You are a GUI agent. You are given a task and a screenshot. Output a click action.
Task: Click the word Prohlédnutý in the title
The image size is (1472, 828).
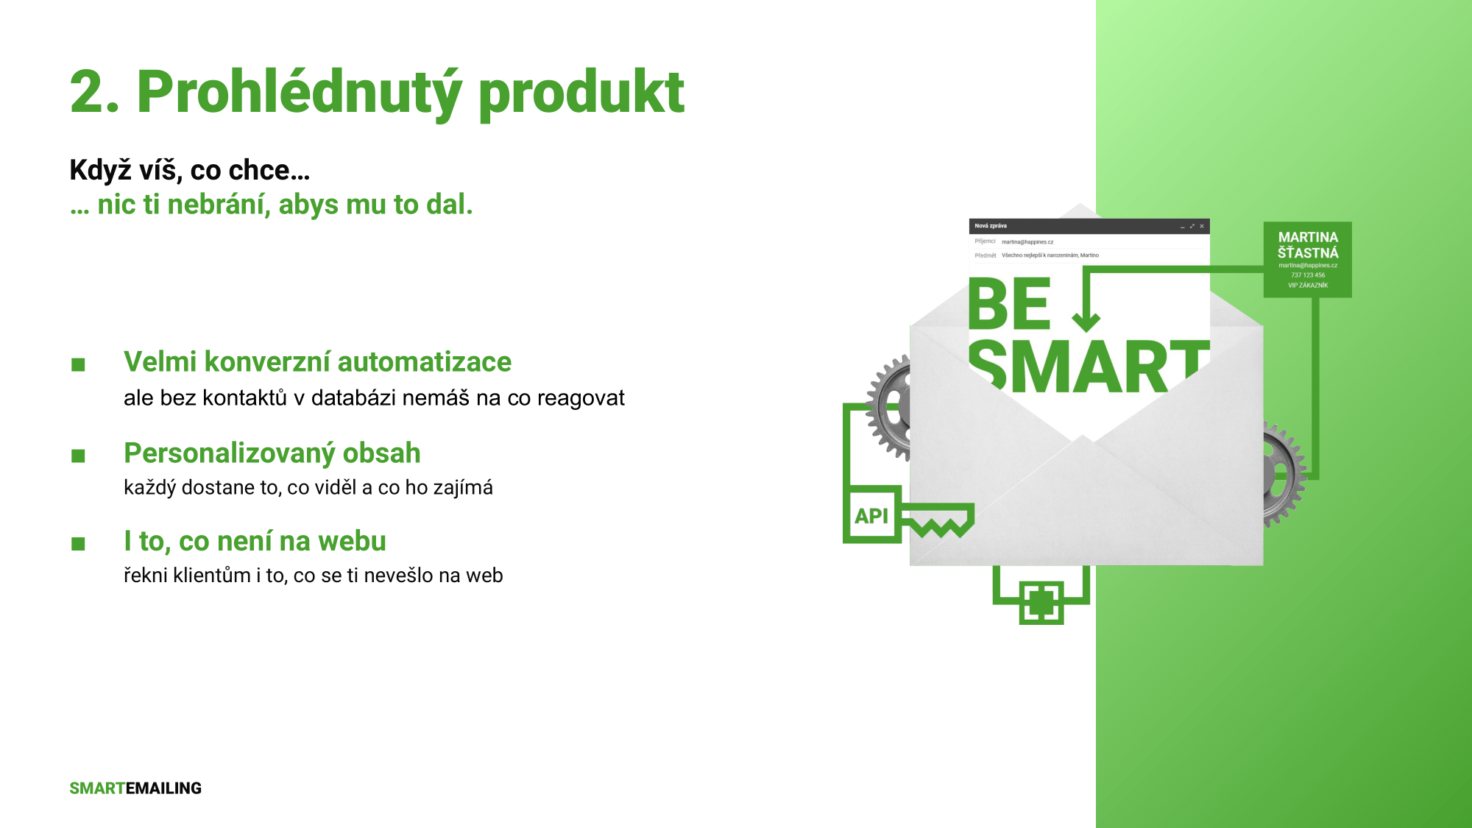pyautogui.click(x=300, y=93)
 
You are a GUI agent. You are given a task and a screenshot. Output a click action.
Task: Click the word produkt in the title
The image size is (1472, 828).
pyautogui.click(x=581, y=93)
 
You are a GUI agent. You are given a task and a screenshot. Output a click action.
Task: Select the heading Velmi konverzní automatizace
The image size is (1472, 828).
pyautogui.click(x=317, y=362)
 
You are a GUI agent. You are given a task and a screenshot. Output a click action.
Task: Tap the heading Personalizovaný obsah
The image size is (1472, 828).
pyautogui.click(x=272, y=453)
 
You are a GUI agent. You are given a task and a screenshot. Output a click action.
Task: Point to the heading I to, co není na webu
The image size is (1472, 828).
pyautogui.click(x=255, y=541)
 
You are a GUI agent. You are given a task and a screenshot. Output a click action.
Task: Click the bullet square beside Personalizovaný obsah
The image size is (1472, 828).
pyautogui.click(x=79, y=456)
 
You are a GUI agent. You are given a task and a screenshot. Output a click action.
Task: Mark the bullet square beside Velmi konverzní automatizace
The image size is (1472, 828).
pyautogui.click(x=79, y=364)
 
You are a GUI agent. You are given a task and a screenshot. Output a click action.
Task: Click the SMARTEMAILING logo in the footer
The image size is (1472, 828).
pyautogui.click(x=135, y=788)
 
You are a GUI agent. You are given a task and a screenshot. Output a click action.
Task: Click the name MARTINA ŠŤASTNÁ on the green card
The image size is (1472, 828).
pyautogui.click(x=1308, y=245)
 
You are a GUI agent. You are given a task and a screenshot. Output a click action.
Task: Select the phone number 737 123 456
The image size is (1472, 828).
pyautogui.click(x=1308, y=275)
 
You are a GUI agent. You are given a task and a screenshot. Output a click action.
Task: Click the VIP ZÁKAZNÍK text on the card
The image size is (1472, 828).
pyautogui.click(x=1308, y=286)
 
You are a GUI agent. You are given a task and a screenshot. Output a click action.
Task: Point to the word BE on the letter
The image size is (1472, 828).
pyautogui.click(x=1009, y=304)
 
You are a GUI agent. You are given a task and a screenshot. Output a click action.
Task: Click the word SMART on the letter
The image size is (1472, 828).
pyautogui.click(x=1088, y=366)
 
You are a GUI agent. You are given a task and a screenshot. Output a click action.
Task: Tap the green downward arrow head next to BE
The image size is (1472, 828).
pyautogui.click(x=1086, y=322)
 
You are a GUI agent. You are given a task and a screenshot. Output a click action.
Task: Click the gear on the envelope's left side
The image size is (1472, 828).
pyautogui.click(x=888, y=407)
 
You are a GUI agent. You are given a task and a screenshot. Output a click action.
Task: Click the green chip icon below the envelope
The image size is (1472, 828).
pyautogui.click(x=1041, y=603)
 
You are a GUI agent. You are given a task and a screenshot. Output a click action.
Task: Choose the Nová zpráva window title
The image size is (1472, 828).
pyautogui.click(x=991, y=226)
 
